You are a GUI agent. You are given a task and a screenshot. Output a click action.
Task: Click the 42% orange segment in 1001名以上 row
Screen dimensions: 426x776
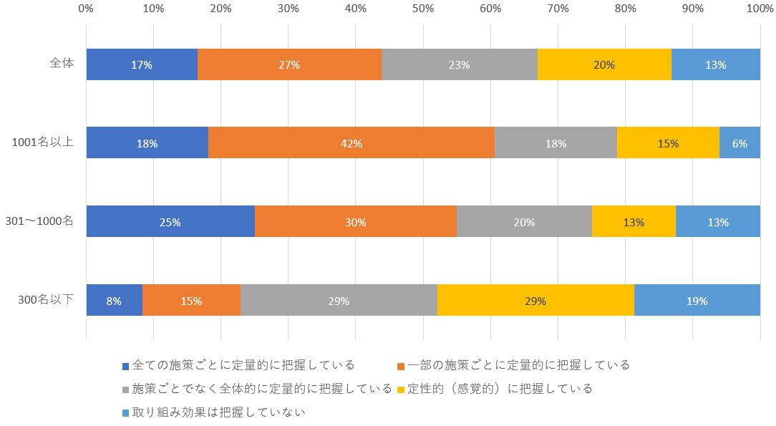pos(351,143)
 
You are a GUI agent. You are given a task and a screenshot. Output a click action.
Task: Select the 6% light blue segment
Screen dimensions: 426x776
pos(739,143)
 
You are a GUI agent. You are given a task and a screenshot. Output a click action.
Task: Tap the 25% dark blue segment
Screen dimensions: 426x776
pos(170,222)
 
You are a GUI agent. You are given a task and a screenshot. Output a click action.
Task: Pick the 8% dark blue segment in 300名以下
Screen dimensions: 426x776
pos(114,301)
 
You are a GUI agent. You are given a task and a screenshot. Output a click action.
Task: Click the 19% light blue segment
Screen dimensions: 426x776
pos(697,301)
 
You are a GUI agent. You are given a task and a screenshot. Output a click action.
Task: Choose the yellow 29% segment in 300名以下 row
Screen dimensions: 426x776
pos(535,301)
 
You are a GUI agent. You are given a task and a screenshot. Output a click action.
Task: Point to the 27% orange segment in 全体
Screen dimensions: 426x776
pos(289,64)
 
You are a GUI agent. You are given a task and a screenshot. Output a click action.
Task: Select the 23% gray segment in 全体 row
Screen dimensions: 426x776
pos(459,64)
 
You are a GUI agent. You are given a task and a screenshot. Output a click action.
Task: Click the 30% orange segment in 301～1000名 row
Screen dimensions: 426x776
pos(355,222)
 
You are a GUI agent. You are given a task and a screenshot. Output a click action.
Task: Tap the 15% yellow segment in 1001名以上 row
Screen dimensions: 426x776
pos(668,143)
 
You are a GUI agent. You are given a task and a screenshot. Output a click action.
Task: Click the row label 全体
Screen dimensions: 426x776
pos(62,63)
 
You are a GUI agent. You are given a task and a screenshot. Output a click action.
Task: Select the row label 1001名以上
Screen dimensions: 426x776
pos(43,142)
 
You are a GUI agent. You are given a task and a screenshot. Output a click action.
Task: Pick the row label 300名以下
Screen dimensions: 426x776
pos(46,299)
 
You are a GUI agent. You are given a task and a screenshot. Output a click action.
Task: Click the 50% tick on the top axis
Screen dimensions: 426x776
pos(423,9)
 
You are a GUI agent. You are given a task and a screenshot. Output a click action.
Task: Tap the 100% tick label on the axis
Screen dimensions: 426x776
pos(759,9)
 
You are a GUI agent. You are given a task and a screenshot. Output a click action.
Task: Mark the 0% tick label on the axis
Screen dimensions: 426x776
pos(86,9)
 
